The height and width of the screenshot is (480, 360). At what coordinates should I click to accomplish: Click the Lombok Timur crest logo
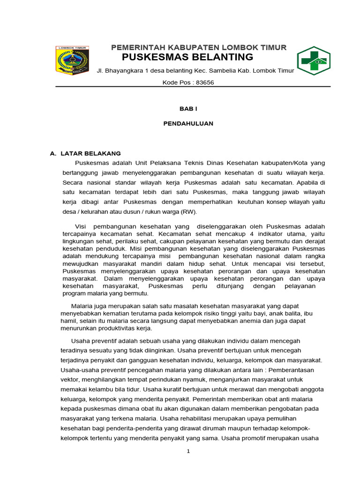pos(72,60)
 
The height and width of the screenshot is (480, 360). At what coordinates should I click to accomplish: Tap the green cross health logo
pos(314,60)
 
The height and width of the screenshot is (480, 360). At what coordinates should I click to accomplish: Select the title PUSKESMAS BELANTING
pos(187,57)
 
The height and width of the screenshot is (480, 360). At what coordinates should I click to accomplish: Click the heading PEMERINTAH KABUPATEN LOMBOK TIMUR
pos(198,47)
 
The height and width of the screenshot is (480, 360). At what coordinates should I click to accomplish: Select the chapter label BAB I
pos(188,108)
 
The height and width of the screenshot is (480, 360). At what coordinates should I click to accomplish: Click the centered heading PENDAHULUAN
pos(188,123)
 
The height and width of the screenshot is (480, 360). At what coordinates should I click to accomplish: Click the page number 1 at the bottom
pos(188,451)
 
